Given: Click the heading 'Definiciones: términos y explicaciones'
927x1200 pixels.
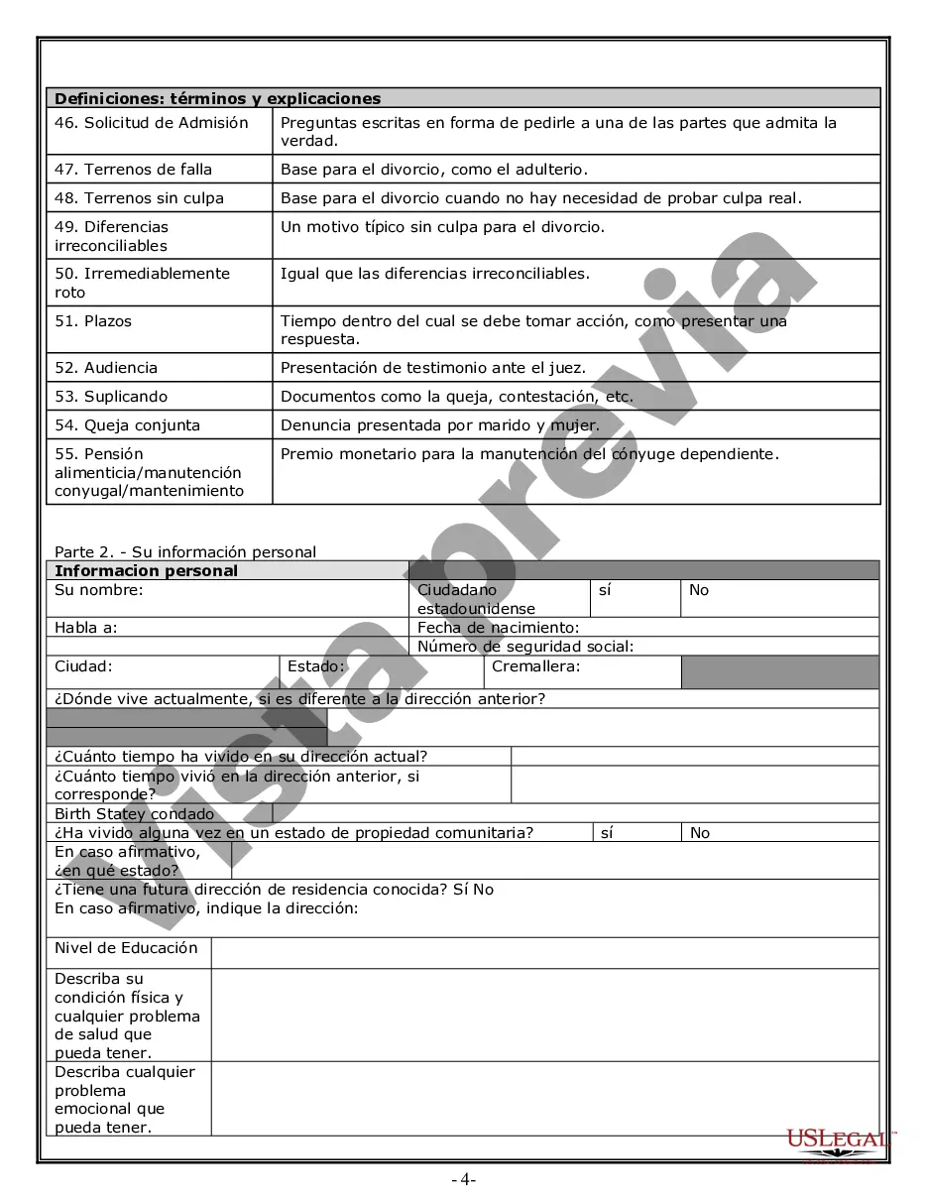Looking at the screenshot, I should (x=217, y=98).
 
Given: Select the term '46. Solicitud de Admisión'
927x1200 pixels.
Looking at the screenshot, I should (x=152, y=123).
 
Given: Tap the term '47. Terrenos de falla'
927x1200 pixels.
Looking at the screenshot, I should (x=133, y=170).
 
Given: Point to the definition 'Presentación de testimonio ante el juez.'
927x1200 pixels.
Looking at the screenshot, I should (x=433, y=368).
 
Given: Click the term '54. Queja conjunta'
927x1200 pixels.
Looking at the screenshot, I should (x=127, y=425).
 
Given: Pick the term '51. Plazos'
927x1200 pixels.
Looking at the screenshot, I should (x=93, y=321).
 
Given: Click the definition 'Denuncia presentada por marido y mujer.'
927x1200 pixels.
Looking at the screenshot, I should (x=440, y=425).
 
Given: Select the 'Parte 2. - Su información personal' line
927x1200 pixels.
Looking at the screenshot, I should (x=185, y=552).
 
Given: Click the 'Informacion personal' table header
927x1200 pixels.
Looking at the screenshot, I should (x=146, y=571).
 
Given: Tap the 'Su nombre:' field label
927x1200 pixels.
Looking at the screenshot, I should (x=99, y=590).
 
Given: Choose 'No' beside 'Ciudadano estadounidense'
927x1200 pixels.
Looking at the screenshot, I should (x=699, y=590).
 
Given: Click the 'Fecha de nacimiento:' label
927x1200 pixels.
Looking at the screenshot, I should (x=498, y=628).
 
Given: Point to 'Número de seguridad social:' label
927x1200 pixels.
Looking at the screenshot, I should (x=525, y=647).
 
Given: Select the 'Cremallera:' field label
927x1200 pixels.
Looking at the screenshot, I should (x=535, y=666).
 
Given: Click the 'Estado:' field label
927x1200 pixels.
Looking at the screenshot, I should (x=315, y=666).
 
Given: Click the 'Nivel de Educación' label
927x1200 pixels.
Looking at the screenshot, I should (x=126, y=948).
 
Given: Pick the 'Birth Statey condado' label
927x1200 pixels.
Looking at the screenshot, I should (x=134, y=814).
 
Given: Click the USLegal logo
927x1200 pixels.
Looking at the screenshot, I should (x=839, y=1141).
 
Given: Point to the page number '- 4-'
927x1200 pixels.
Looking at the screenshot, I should (x=463, y=1180).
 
